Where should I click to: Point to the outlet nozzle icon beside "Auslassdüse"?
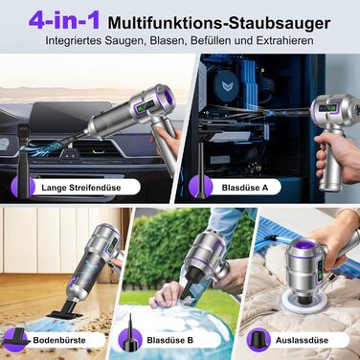pyautogui.click(x=256, y=338)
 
